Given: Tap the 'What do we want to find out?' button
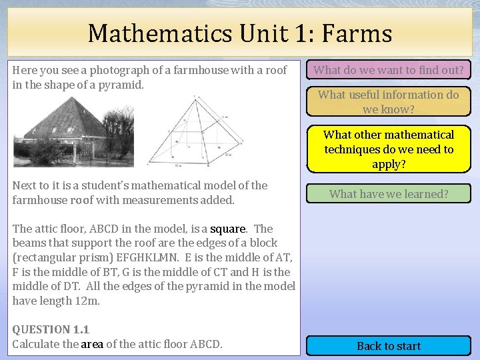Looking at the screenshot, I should click(x=389, y=69).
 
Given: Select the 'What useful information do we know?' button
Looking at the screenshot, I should click(x=389, y=101).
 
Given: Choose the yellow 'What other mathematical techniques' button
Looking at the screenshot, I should click(x=389, y=149).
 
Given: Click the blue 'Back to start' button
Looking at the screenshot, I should click(x=389, y=345).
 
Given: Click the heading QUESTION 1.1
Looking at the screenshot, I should click(x=51, y=329).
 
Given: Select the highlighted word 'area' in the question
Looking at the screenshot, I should click(x=92, y=344).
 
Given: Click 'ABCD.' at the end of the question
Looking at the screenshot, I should click(x=207, y=344).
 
